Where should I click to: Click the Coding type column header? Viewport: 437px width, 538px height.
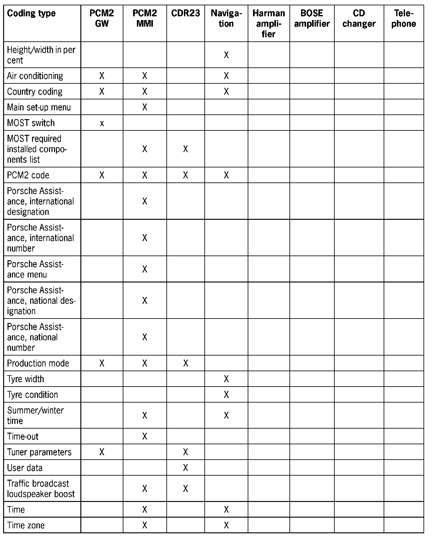(31, 13)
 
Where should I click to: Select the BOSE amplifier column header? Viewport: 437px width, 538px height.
(312, 18)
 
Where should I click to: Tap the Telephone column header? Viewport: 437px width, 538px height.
(403, 18)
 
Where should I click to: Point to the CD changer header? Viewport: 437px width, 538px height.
(359, 18)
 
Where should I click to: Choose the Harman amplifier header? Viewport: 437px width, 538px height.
(268, 24)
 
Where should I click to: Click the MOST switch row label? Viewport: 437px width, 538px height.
(31, 123)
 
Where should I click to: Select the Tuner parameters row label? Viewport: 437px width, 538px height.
(39, 452)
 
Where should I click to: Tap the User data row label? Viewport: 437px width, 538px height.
(25, 468)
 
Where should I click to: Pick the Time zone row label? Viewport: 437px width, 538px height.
(26, 525)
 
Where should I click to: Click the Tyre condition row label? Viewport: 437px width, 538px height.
(32, 394)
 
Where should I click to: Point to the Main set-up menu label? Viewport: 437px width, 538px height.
(39, 107)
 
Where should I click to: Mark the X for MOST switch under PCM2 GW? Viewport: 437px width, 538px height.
(102, 124)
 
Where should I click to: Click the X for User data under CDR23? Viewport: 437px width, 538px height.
(186, 468)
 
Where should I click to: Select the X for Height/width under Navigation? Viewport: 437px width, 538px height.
(226, 55)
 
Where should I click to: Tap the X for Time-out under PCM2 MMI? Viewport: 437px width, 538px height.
(144, 436)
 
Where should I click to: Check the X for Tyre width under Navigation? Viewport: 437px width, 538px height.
(226, 379)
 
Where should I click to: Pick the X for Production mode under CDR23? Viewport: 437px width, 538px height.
(186, 363)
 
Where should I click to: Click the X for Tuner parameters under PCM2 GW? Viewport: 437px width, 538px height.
(102, 452)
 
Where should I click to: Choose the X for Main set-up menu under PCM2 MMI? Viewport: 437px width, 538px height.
(144, 107)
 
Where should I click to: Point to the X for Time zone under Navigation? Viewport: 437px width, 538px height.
(226, 525)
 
